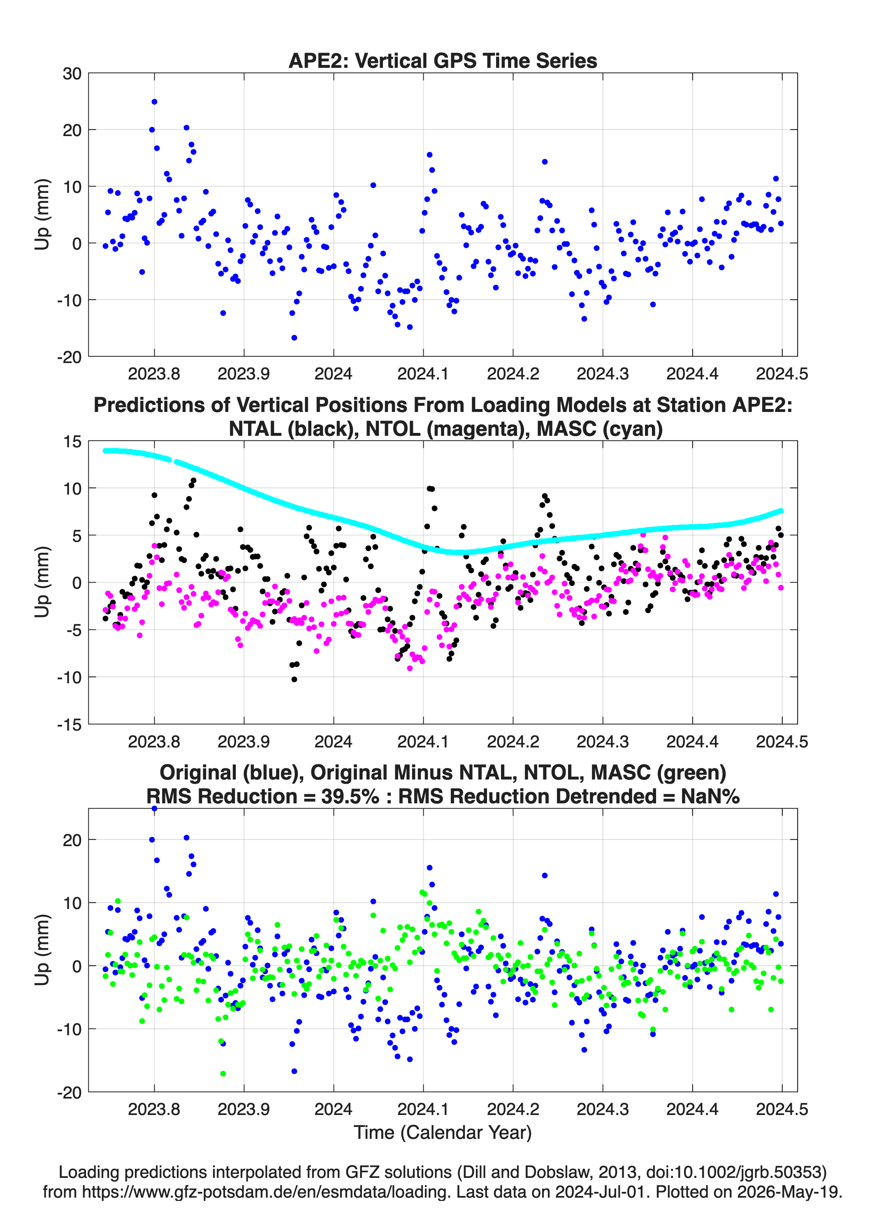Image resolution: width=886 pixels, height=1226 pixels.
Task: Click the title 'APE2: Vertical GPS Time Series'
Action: (x=443, y=60)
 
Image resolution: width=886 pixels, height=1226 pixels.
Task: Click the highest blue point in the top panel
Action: (x=154, y=102)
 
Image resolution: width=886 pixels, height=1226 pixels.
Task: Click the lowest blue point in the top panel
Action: (x=294, y=338)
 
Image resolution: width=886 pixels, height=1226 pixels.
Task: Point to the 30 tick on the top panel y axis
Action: (x=72, y=74)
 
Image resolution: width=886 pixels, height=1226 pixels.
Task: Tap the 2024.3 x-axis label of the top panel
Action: (x=603, y=374)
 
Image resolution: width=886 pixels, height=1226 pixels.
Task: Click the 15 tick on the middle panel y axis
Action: (x=72, y=442)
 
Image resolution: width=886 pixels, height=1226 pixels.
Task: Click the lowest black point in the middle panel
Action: (x=294, y=680)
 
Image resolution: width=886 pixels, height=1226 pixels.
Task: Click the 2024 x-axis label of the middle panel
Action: (x=333, y=742)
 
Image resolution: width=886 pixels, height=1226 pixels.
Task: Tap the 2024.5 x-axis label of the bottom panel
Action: (x=782, y=1109)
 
